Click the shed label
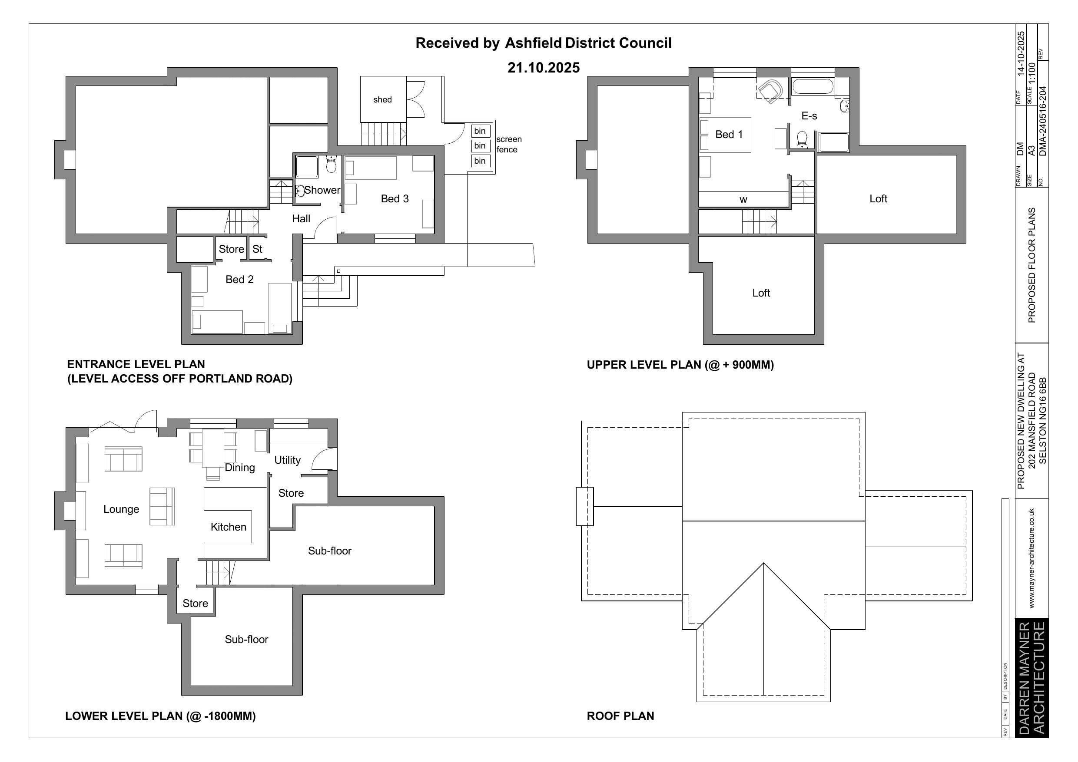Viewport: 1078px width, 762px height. (382, 99)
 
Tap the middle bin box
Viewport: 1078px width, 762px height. (480, 146)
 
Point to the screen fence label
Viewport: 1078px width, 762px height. (509, 145)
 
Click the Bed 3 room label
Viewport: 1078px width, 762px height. (395, 198)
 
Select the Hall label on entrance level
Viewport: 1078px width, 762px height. (301, 219)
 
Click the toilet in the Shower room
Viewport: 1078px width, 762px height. (332, 164)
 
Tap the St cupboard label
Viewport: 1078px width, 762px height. (257, 249)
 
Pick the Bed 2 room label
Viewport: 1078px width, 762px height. (239, 280)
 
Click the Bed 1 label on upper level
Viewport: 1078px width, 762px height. (729, 135)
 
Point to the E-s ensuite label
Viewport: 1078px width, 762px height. (809, 116)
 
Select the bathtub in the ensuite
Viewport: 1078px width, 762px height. (813, 87)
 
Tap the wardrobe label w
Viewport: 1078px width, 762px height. (743, 200)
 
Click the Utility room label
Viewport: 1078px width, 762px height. (287, 460)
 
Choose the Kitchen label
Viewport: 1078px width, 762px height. (228, 527)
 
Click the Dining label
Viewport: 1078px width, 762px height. (240, 467)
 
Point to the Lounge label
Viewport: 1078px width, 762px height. (121, 510)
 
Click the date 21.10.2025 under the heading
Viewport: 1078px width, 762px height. (544, 68)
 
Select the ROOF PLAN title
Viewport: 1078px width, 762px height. (620, 716)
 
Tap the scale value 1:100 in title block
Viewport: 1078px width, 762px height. (1032, 74)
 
